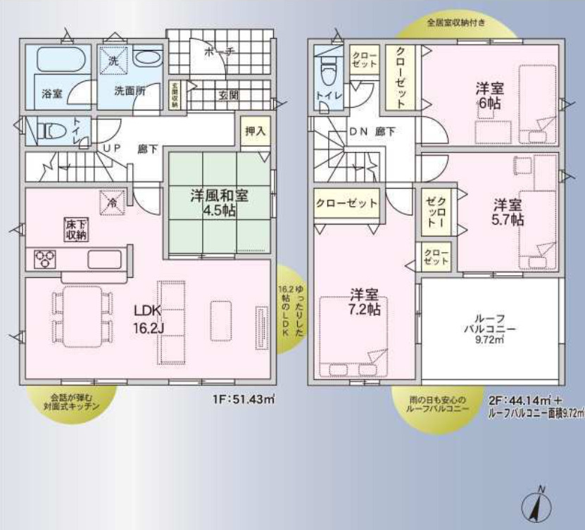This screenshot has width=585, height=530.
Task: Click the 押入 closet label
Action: point(254,131)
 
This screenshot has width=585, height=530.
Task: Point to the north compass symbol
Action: point(539,504)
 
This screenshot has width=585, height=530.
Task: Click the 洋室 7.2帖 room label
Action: point(364,302)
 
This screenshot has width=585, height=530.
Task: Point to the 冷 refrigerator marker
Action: point(112,201)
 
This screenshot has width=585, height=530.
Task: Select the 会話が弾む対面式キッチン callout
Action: point(70,402)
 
